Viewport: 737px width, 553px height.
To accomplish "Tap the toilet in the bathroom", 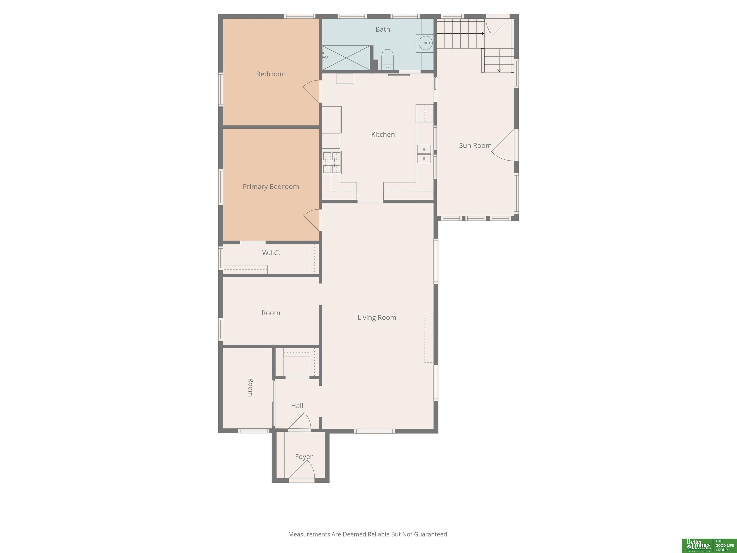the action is (x=387, y=59).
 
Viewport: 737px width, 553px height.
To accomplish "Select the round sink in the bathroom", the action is (x=425, y=43).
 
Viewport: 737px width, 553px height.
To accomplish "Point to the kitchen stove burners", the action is (x=332, y=162).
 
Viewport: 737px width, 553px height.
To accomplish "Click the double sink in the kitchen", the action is (x=424, y=154).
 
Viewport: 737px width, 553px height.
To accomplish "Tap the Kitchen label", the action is (x=383, y=134).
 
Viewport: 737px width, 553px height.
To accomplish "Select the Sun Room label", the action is (x=475, y=145).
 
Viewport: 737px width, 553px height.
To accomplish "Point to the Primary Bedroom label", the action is (x=271, y=187).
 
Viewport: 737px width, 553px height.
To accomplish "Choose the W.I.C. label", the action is (x=271, y=253).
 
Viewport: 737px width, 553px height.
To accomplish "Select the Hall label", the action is (x=297, y=406).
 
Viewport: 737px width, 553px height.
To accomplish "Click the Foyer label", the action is (x=303, y=457).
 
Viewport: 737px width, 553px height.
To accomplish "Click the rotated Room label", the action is (x=250, y=387).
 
